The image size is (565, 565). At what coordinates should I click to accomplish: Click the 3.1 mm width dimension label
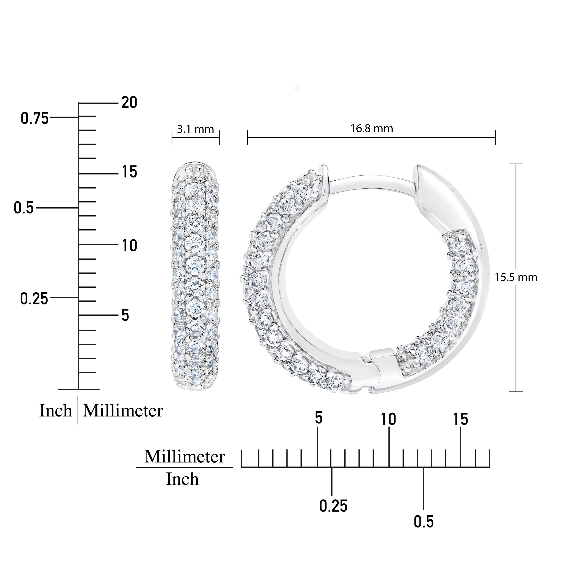[195, 129]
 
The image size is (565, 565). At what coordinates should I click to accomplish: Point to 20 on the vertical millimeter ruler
[129, 103]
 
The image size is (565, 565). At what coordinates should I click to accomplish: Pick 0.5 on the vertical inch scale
[24, 208]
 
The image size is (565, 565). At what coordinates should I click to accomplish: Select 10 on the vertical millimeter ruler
[129, 246]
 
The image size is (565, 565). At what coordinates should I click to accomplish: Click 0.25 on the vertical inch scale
[34, 299]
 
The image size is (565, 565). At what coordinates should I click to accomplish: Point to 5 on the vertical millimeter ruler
[125, 315]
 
